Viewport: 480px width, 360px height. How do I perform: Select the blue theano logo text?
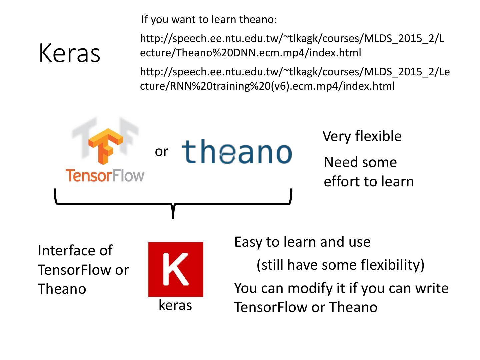tap(237, 152)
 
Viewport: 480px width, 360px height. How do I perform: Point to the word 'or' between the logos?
tap(161, 152)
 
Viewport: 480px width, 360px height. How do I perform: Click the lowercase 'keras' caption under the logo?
tap(175, 305)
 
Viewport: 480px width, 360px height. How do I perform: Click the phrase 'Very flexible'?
tap(362, 136)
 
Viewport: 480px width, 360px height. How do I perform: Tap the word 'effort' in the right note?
tap(342, 182)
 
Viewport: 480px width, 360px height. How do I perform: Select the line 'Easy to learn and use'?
tap(302, 242)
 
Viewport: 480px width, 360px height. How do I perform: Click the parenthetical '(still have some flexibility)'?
tap(340, 265)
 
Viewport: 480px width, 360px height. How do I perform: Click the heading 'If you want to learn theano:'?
tap(209, 19)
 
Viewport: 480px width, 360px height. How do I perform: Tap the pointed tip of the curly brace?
tap(173, 217)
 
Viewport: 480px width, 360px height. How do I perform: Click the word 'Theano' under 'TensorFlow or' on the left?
tap(62, 289)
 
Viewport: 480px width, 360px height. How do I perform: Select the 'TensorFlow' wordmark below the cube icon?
tap(105, 176)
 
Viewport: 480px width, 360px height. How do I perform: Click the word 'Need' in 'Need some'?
tap(339, 162)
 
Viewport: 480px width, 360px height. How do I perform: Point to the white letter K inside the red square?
tap(176, 269)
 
